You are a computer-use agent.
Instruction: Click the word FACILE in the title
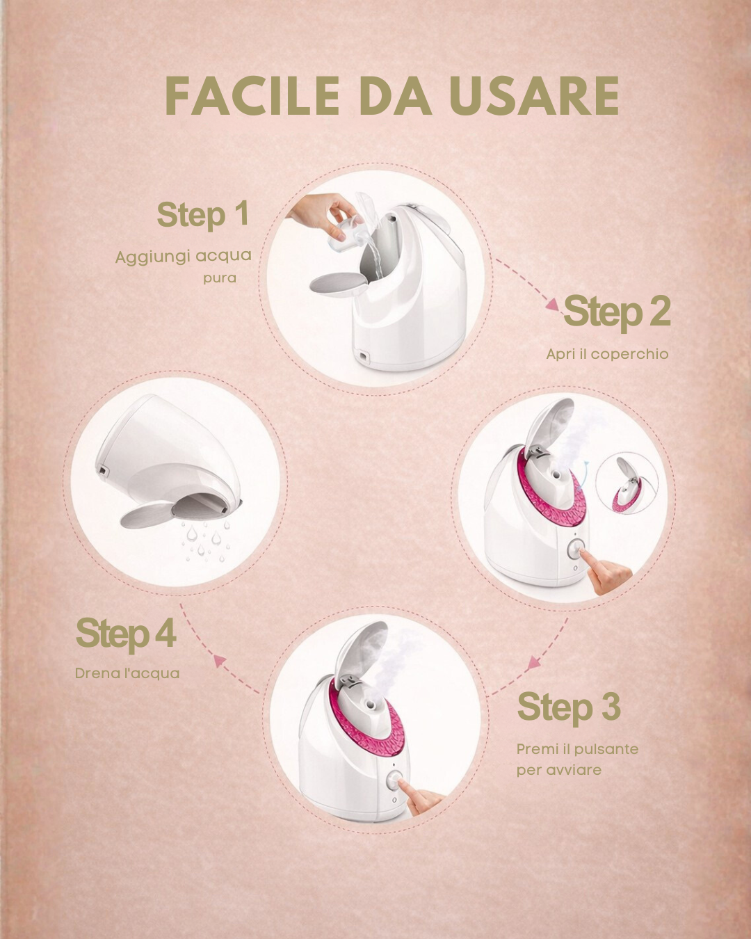[252, 96]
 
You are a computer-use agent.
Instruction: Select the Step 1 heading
[202, 215]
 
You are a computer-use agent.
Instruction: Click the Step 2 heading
[617, 311]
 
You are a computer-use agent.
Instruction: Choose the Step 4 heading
[126, 634]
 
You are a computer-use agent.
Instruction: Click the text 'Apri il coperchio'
[607, 354]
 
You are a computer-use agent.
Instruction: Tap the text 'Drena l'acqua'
[127, 673]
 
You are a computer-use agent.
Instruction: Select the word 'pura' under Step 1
[220, 278]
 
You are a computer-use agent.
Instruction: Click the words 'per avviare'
[559, 770]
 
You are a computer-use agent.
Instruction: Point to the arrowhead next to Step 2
[553, 304]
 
